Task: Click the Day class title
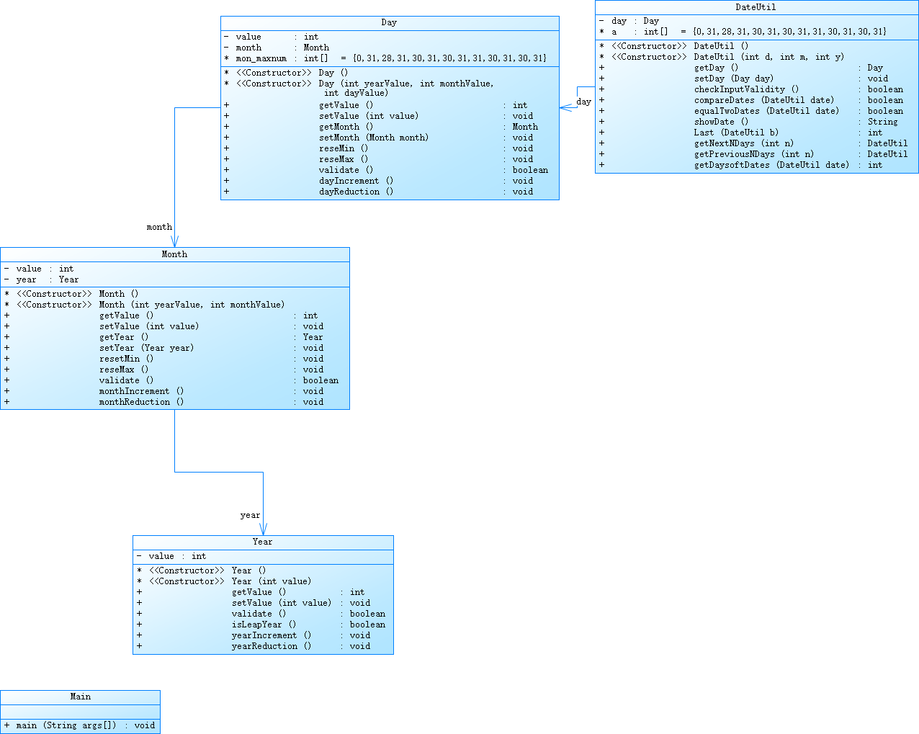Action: [x=389, y=22]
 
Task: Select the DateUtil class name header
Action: [x=756, y=7]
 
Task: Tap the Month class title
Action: [x=174, y=254]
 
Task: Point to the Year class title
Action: [x=262, y=542]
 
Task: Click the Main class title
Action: [x=80, y=697]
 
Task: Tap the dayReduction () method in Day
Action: [x=356, y=192]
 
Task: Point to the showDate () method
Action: [x=721, y=122]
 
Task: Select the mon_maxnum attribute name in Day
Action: [x=261, y=58]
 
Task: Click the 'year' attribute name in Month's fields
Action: [x=26, y=279]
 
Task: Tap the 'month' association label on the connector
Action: [x=159, y=227]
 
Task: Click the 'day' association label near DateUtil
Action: [x=583, y=102]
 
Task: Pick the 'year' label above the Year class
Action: [x=250, y=515]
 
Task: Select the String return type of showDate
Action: [x=882, y=122]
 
